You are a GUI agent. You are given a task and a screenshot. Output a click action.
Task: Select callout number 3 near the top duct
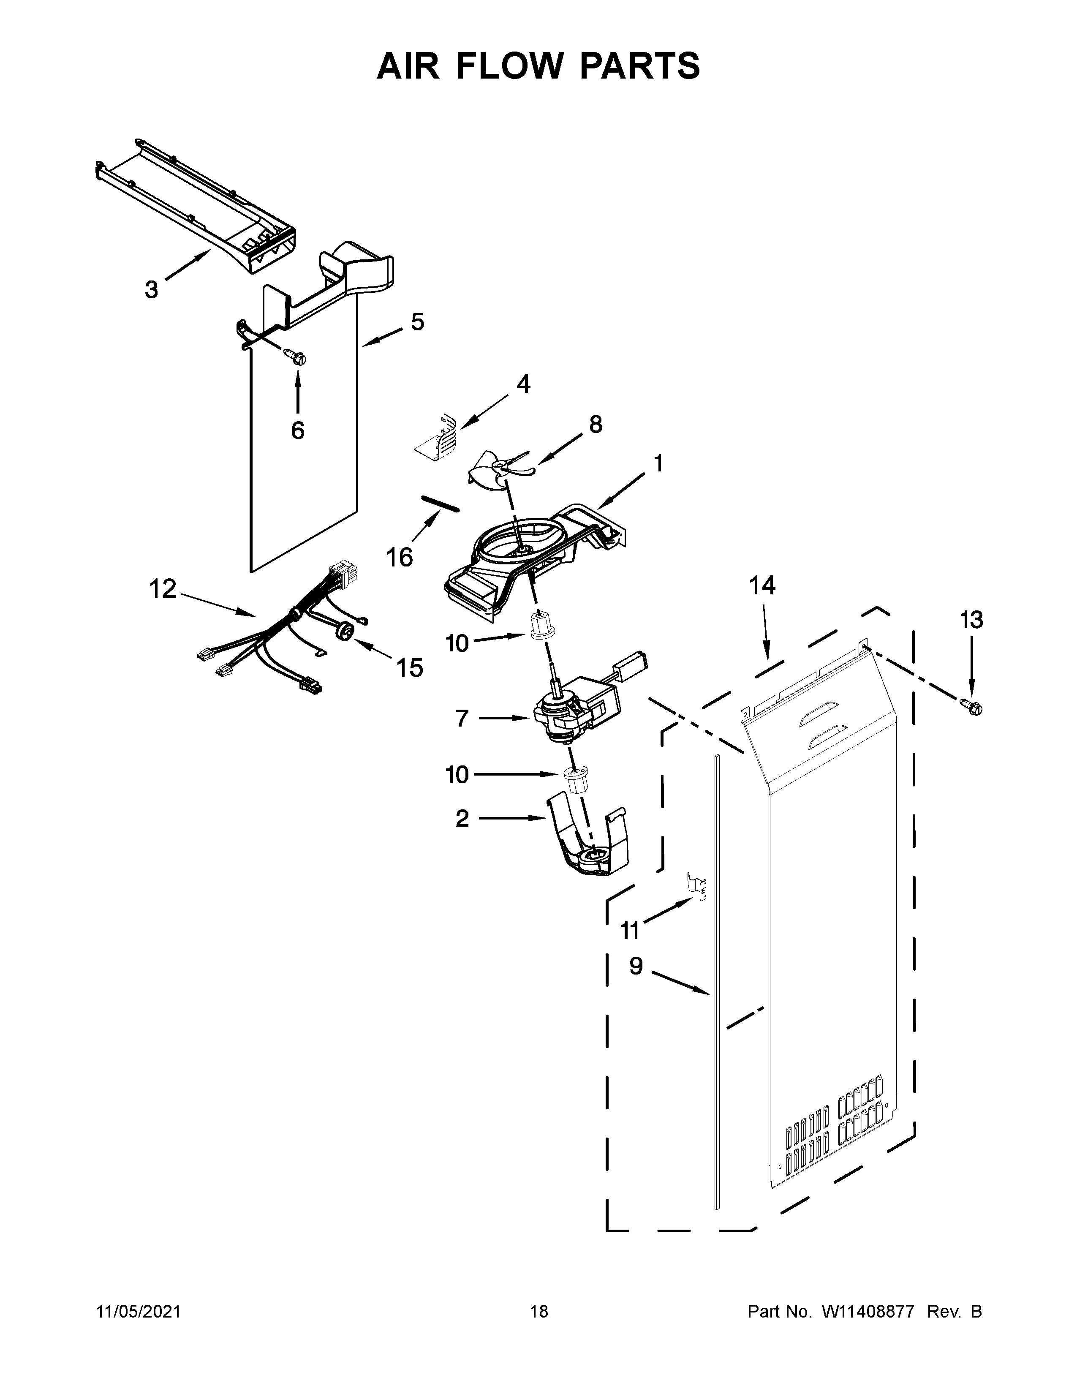(x=151, y=290)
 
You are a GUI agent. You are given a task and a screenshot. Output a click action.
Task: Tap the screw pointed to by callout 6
(x=295, y=356)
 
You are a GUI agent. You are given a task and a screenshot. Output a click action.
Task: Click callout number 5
(x=417, y=322)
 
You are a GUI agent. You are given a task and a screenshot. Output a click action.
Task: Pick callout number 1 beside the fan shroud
(x=658, y=463)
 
